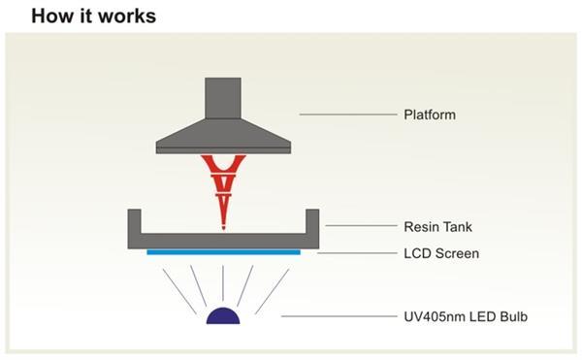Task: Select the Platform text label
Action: click(x=429, y=115)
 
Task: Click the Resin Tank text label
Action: click(x=438, y=227)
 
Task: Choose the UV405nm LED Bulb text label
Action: click(x=463, y=316)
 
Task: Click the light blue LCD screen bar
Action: click(x=223, y=252)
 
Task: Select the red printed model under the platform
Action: click(x=223, y=180)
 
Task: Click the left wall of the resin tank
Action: click(x=135, y=225)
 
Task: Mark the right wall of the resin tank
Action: click(x=312, y=225)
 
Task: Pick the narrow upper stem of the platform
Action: click(x=224, y=97)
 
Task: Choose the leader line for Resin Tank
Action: click(x=359, y=227)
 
